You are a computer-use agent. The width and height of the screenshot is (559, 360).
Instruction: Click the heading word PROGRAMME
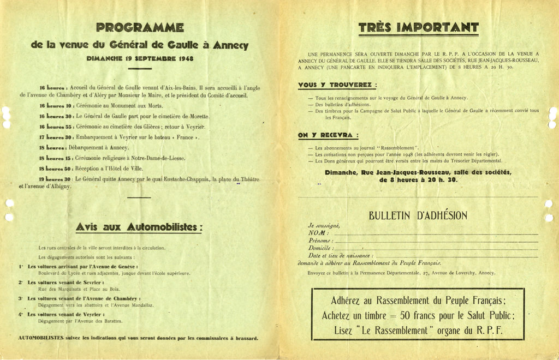click(x=140, y=27)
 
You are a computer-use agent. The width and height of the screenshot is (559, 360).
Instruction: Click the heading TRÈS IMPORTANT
click(x=418, y=27)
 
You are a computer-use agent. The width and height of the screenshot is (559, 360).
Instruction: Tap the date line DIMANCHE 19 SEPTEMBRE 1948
click(x=140, y=58)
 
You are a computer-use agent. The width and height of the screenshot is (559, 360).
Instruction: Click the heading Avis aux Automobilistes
click(x=139, y=226)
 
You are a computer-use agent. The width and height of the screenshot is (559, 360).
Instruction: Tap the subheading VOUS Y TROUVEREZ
click(x=337, y=85)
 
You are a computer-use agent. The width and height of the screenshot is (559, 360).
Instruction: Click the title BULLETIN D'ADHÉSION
click(x=418, y=215)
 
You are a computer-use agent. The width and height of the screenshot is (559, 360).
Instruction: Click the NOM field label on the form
click(x=319, y=233)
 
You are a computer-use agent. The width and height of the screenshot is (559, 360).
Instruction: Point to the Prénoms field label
click(x=320, y=241)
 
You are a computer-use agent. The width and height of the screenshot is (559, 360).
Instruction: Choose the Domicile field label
click(x=321, y=248)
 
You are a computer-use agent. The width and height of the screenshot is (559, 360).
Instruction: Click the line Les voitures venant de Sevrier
click(x=66, y=283)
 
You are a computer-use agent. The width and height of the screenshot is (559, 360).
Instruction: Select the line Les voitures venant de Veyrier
click(x=66, y=315)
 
